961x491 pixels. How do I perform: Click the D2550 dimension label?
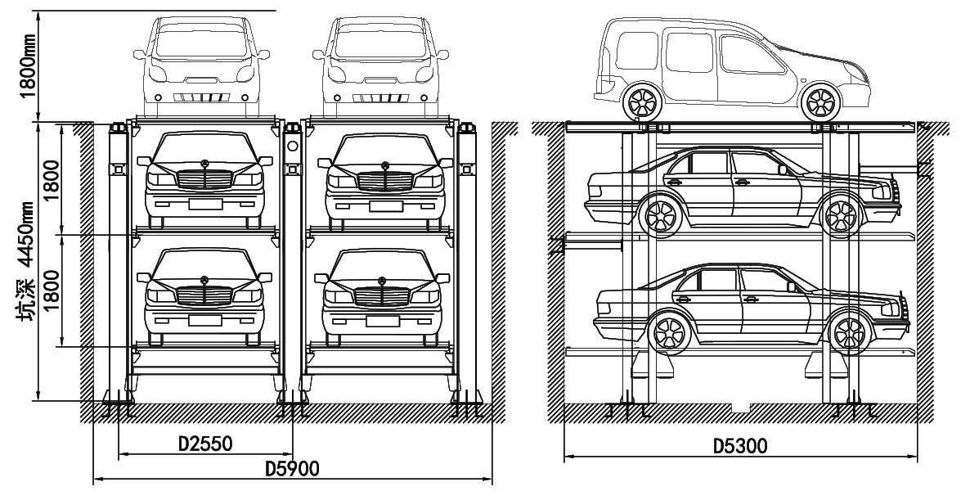coord(205,444)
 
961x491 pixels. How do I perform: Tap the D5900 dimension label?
coord(292,469)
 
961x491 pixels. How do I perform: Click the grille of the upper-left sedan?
coord(204,178)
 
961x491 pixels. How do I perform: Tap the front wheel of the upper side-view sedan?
coord(838,216)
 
